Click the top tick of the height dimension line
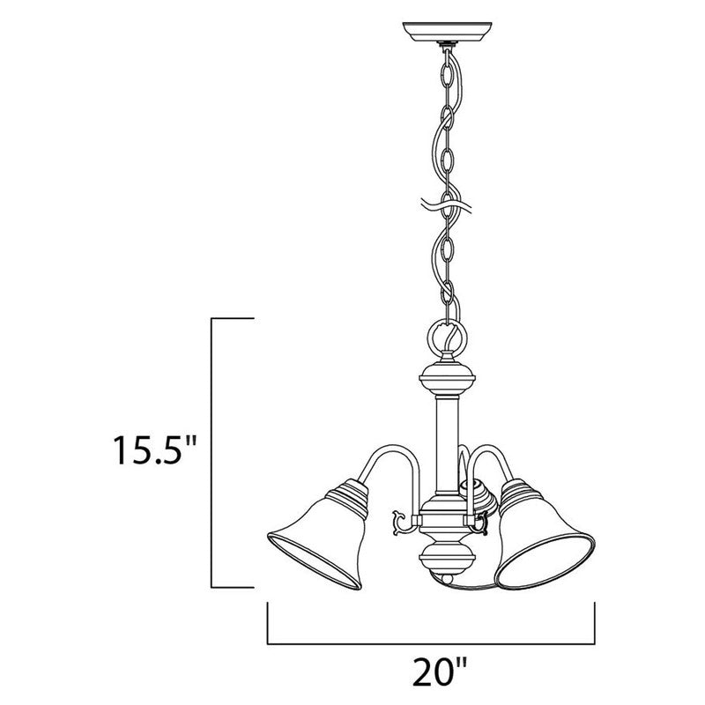pyautogui.click(x=233, y=317)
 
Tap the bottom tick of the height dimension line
pyautogui.click(x=233, y=587)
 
